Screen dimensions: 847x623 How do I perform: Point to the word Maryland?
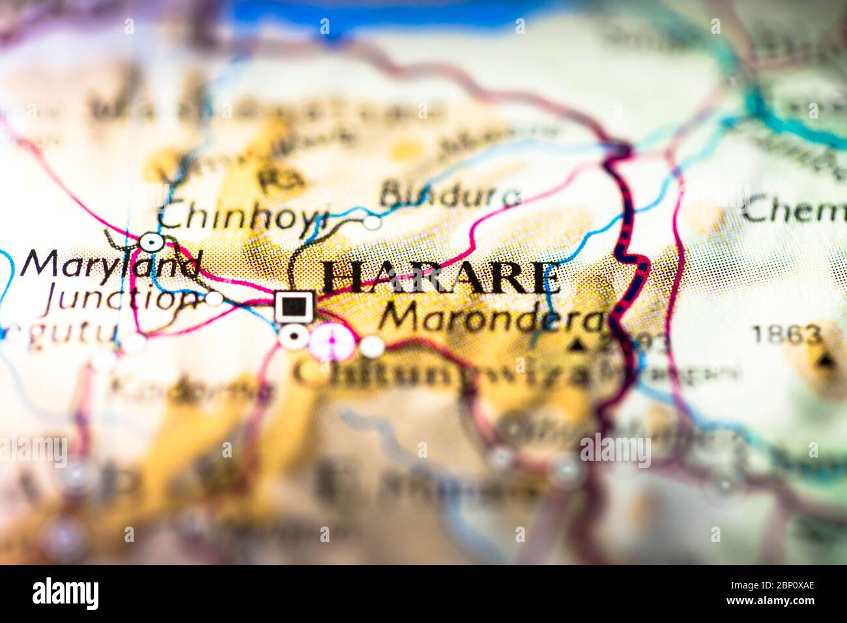111,264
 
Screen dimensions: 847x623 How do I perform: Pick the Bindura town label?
450,194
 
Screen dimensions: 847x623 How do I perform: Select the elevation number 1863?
785,335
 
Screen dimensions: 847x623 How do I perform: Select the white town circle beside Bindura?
372,222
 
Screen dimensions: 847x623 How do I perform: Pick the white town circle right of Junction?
214,298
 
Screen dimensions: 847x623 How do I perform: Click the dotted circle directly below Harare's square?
294,336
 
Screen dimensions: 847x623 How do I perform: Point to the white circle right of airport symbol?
373,346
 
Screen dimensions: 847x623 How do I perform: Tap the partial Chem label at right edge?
794,210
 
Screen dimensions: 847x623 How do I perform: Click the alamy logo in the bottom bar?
66,594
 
